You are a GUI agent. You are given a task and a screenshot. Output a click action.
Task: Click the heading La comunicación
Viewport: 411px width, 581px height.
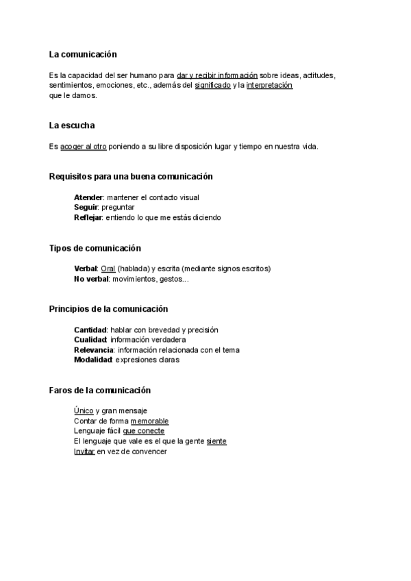pyautogui.click(x=83, y=54)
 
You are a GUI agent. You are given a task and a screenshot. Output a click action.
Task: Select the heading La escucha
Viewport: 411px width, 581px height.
pyautogui.click(x=72, y=125)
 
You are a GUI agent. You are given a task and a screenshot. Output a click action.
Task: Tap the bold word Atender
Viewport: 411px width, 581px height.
pyautogui.click(x=88, y=197)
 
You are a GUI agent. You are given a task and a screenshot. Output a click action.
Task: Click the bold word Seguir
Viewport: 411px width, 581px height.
pyautogui.click(x=86, y=207)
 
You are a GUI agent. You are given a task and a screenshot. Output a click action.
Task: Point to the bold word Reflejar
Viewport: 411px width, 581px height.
pyautogui.click(x=88, y=217)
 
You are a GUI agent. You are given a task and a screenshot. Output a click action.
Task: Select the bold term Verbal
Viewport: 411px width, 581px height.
pyautogui.click(x=86, y=269)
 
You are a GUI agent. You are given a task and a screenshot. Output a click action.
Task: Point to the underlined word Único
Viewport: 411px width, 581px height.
pyautogui.click(x=84, y=410)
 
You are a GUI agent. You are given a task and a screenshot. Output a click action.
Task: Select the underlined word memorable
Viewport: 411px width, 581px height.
pyautogui.click(x=149, y=421)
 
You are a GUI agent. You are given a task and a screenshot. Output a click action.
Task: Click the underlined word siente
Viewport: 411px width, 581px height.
pyautogui.click(x=216, y=441)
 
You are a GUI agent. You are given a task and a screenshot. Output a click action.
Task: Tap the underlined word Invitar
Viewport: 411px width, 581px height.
pyautogui.click(x=84, y=452)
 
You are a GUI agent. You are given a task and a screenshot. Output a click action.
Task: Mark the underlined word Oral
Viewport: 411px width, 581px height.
pyautogui.click(x=108, y=269)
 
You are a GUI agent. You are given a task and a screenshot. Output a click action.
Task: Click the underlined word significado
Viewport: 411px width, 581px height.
pyautogui.click(x=212, y=86)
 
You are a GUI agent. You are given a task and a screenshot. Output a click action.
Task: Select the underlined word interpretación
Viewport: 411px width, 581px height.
pyautogui.click(x=269, y=86)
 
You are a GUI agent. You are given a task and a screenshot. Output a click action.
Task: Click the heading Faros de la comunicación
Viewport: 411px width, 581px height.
pyautogui.click(x=99, y=390)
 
